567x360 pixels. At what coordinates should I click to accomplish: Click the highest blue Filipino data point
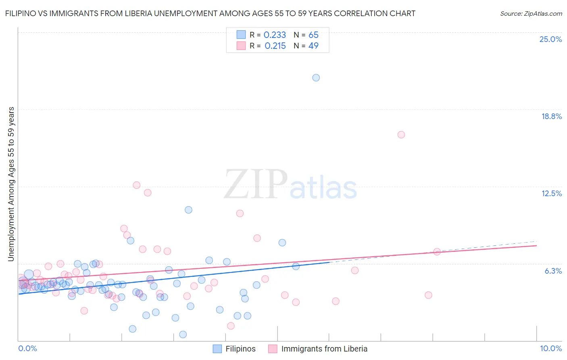tap(316, 77)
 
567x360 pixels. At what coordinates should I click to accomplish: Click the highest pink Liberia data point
tap(401, 135)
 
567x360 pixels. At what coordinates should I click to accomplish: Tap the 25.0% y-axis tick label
tap(550, 39)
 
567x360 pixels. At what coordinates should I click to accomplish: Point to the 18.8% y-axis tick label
tap(551, 116)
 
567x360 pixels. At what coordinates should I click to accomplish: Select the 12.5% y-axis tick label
tap(551, 193)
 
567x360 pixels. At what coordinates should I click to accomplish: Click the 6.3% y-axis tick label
tap(553, 271)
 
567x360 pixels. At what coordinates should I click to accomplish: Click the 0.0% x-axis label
tap(27, 348)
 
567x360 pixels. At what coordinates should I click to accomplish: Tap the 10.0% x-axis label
tap(550, 348)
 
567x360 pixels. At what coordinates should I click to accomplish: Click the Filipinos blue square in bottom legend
tap(217, 349)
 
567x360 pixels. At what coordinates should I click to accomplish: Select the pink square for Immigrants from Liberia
tap(273, 349)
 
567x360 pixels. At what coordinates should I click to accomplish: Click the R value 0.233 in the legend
tap(275, 35)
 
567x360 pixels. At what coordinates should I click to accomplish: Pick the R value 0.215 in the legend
tap(275, 46)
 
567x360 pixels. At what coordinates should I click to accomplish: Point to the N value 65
tap(313, 35)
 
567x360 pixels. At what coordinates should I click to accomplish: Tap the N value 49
tap(313, 46)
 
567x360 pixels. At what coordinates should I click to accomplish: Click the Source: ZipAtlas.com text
tap(531, 14)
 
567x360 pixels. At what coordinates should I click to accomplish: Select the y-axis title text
tap(11, 184)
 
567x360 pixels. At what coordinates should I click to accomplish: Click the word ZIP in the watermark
tap(256, 184)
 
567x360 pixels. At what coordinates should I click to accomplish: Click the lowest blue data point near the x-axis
tap(183, 334)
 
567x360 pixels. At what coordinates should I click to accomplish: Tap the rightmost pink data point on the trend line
tap(437, 252)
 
